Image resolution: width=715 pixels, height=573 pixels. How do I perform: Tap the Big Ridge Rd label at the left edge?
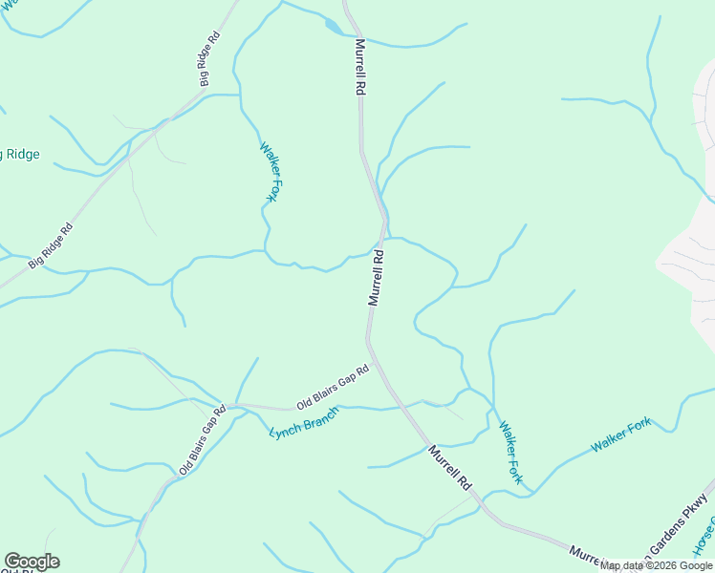tap(51, 246)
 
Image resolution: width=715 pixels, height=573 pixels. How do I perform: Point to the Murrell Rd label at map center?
tap(377, 277)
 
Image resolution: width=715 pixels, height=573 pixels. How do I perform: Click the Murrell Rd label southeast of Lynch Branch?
tap(450, 468)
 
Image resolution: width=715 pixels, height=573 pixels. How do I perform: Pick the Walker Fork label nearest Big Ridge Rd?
tap(270, 172)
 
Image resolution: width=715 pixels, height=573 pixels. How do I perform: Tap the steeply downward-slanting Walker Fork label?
tap(509, 453)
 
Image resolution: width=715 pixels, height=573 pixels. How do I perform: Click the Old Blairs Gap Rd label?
tap(332, 388)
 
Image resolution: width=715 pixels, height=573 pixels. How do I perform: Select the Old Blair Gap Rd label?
tap(202, 440)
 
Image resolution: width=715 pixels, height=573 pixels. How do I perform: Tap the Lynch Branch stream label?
tap(304, 420)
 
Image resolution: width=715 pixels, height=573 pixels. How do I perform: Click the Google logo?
tap(32, 562)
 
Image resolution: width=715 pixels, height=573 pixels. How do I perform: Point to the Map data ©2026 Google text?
tap(656, 565)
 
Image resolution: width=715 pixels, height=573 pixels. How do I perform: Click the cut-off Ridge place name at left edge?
tap(19, 155)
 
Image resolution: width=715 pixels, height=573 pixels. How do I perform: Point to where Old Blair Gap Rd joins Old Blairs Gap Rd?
tap(233, 406)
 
